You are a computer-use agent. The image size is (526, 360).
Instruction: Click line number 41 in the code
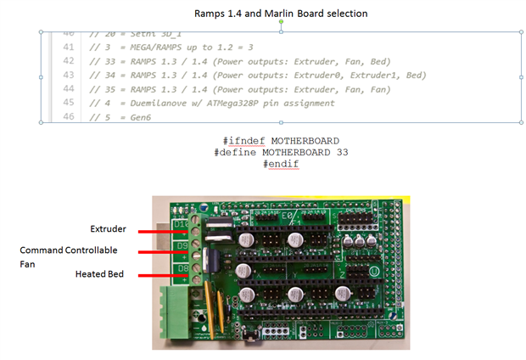[69, 47]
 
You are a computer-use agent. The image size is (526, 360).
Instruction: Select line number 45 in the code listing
[69, 103]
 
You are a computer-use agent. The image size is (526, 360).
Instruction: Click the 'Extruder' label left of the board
[108, 229]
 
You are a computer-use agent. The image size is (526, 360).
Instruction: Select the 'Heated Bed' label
[101, 274]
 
